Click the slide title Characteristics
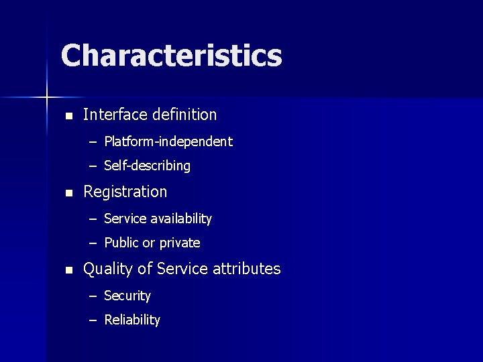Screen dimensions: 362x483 171,56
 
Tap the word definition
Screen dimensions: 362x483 184,115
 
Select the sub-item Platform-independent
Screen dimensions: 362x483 168,141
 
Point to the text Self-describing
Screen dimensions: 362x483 148,166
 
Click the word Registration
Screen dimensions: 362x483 125,192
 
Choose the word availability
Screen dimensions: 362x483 181,219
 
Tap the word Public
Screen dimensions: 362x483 121,243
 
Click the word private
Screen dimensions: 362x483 180,243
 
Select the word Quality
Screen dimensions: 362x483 107,269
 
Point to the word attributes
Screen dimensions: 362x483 246,269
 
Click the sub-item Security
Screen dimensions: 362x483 127,296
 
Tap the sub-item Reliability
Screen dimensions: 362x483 132,320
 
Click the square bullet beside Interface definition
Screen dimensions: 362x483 67,116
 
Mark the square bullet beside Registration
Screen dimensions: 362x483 67,193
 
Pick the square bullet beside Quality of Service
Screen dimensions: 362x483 67,270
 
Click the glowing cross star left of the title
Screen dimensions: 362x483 47,98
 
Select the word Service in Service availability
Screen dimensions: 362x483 123,219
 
